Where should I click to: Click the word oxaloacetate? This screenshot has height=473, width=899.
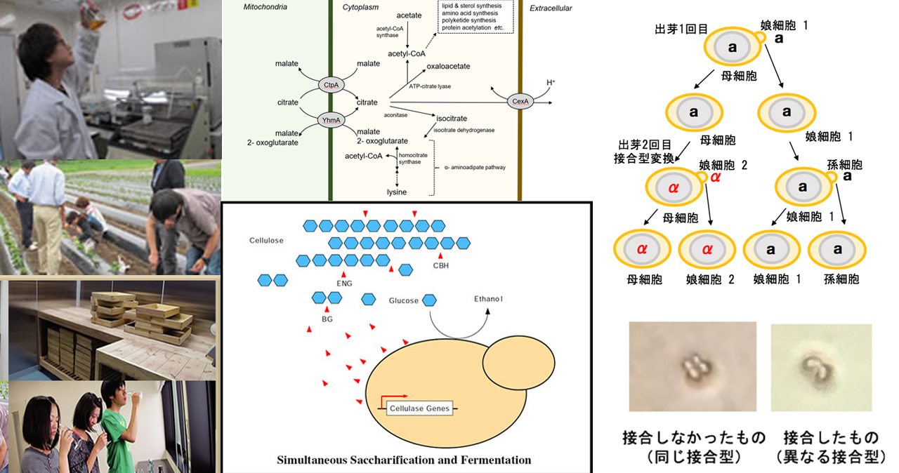pos(448,67)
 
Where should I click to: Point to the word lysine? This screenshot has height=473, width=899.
pos(397,192)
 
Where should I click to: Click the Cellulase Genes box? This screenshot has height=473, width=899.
pos(419,408)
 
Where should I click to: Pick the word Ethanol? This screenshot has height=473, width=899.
pos(489,299)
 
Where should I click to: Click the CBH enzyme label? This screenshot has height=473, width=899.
pos(441,265)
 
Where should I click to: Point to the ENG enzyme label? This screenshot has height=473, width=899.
pos(344,283)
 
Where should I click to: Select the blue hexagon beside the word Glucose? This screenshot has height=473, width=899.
pos(429,300)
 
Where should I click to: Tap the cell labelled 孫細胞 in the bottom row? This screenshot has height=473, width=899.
pos(837,249)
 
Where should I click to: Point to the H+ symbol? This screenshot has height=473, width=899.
pos(550,83)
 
